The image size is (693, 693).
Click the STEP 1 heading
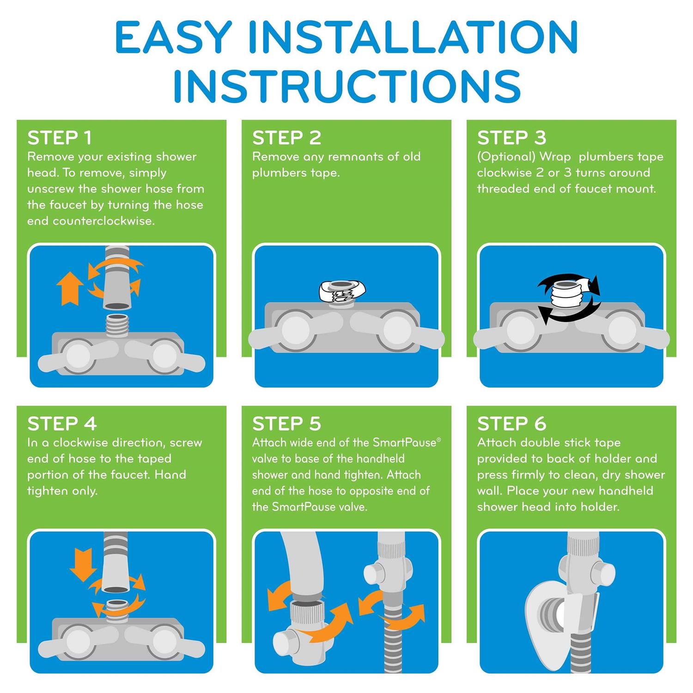pos(60,138)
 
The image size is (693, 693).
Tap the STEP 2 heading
pos(286,138)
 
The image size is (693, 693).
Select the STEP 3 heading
pos(511,138)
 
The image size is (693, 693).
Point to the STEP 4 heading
pos(62,424)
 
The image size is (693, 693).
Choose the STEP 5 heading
pos(286,424)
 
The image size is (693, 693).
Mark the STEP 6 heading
pos(511,424)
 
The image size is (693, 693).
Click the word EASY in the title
pos(173,36)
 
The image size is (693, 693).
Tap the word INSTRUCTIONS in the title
pos(347,85)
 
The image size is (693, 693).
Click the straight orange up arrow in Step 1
pos(70,288)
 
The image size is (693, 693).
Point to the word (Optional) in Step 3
pos(506,157)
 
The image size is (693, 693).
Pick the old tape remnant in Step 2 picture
pos(342,292)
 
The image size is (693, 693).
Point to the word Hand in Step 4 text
pos(170,474)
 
